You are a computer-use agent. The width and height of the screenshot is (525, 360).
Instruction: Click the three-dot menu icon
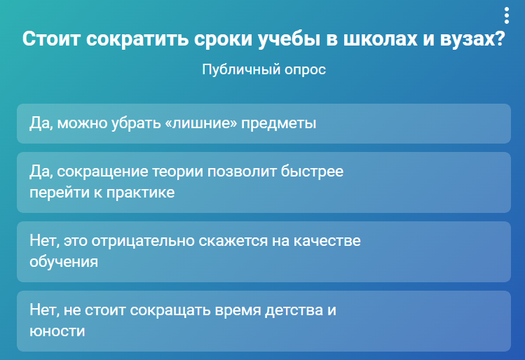pyautogui.click(x=507, y=15)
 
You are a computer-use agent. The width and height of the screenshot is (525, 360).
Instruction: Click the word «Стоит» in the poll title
pyautogui.click(x=52, y=39)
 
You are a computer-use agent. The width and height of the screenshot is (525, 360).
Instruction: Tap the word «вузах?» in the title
pyautogui.click(x=472, y=39)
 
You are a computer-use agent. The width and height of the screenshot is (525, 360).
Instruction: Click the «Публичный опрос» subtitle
pyautogui.click(x=264, y=69)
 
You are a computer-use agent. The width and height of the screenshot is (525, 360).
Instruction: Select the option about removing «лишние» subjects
pyautogui.click(x=264, y=123)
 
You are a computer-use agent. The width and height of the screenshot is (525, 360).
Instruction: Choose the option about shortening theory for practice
pyautogui.click(x=264, y=182)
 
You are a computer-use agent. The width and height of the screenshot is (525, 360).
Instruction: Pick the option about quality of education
pyautogui.click(x=264, y=251)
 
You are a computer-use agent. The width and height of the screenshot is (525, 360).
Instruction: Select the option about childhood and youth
pyautogui.click(x=264, y=321)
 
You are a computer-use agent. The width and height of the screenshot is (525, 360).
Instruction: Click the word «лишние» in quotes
pyautogui.click(x=201, y=123)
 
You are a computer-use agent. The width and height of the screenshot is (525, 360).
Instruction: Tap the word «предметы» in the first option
pyautogui.click(x=278, y=124)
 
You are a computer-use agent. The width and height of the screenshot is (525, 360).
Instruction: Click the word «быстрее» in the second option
pyautogui.click(x=312, y=172)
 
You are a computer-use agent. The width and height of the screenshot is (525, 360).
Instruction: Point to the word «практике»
pyautogui.click(x=141, y=193)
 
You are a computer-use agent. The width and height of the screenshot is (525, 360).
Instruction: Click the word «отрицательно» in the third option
pyautogui.click(x=143, y=241)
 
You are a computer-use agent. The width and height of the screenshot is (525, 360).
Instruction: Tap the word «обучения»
pyautogui.click(x=64, y=262)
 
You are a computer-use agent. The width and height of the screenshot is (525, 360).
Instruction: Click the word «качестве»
pyautogui.click(x=327, y=241)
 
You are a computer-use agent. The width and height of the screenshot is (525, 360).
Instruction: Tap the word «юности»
pyautogui.click(x=57, y=331)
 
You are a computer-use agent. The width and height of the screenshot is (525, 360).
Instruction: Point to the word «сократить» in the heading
pyautogui.click(x=137, y=39)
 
